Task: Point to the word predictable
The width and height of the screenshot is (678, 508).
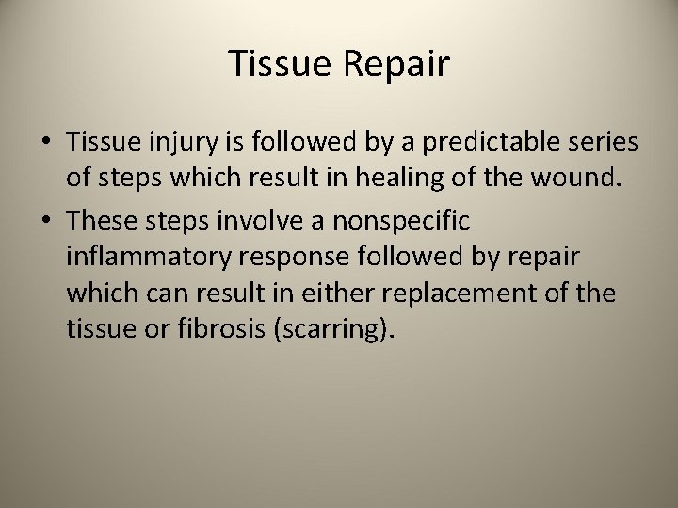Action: point(479,143)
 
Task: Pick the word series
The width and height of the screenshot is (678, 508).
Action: point(604,143)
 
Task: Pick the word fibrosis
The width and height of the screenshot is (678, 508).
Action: point(216,329)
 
